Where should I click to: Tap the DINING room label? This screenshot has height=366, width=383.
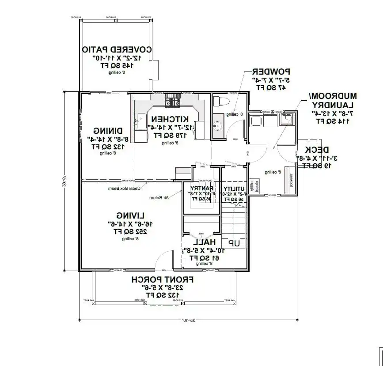(x=108, y=131)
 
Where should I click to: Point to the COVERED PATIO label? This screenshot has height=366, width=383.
(x=118, y=49)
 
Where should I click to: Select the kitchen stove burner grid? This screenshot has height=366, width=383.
(x=171, y=100)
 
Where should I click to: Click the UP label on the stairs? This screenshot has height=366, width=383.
(x=234, y=243)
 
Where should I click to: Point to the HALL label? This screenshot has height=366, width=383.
(x=205, y=242)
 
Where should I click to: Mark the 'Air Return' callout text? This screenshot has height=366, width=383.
(x=161, y=197)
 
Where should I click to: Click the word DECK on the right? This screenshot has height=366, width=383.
(x=316, y=149)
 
